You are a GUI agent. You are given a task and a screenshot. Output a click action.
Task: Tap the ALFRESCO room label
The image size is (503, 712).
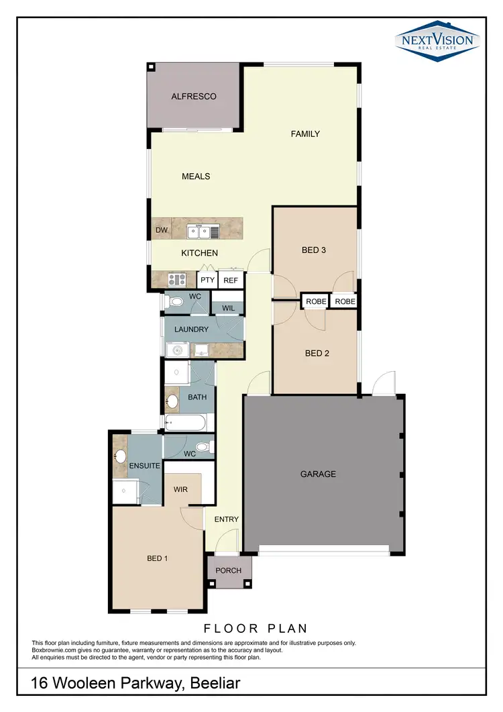click(194, 97)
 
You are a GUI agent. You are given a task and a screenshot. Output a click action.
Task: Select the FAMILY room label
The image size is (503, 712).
click(305, 134)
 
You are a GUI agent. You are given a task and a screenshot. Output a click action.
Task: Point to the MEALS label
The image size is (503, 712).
click(196, 176)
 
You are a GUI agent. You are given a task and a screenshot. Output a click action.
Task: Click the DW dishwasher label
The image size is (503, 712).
click(161, 230)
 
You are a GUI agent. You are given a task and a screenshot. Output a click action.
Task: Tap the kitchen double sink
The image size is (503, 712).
click(203, 232)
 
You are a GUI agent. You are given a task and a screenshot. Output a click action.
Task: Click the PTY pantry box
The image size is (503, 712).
click(207, 281)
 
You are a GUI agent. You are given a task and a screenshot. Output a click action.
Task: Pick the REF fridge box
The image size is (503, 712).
click(231, 281)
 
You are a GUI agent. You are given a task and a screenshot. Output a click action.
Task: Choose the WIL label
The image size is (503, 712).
click(227, 308)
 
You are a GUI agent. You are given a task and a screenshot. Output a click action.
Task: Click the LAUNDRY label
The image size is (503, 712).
click(191, 329)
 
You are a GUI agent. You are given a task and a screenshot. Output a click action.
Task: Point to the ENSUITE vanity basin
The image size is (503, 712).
click(121, 456)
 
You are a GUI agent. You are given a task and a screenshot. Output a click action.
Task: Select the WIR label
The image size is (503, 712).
click(180, 490)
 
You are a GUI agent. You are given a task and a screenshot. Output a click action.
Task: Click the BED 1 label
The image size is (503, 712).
click(157, 558)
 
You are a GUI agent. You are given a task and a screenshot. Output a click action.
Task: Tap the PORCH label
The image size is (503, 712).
click(228, 571)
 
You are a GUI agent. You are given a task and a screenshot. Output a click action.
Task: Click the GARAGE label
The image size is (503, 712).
click(318, 474)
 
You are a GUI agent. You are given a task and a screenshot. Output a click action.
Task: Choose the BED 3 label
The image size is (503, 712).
click(314, 250)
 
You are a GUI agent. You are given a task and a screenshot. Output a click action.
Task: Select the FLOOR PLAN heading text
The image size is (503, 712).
click(256, 629)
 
